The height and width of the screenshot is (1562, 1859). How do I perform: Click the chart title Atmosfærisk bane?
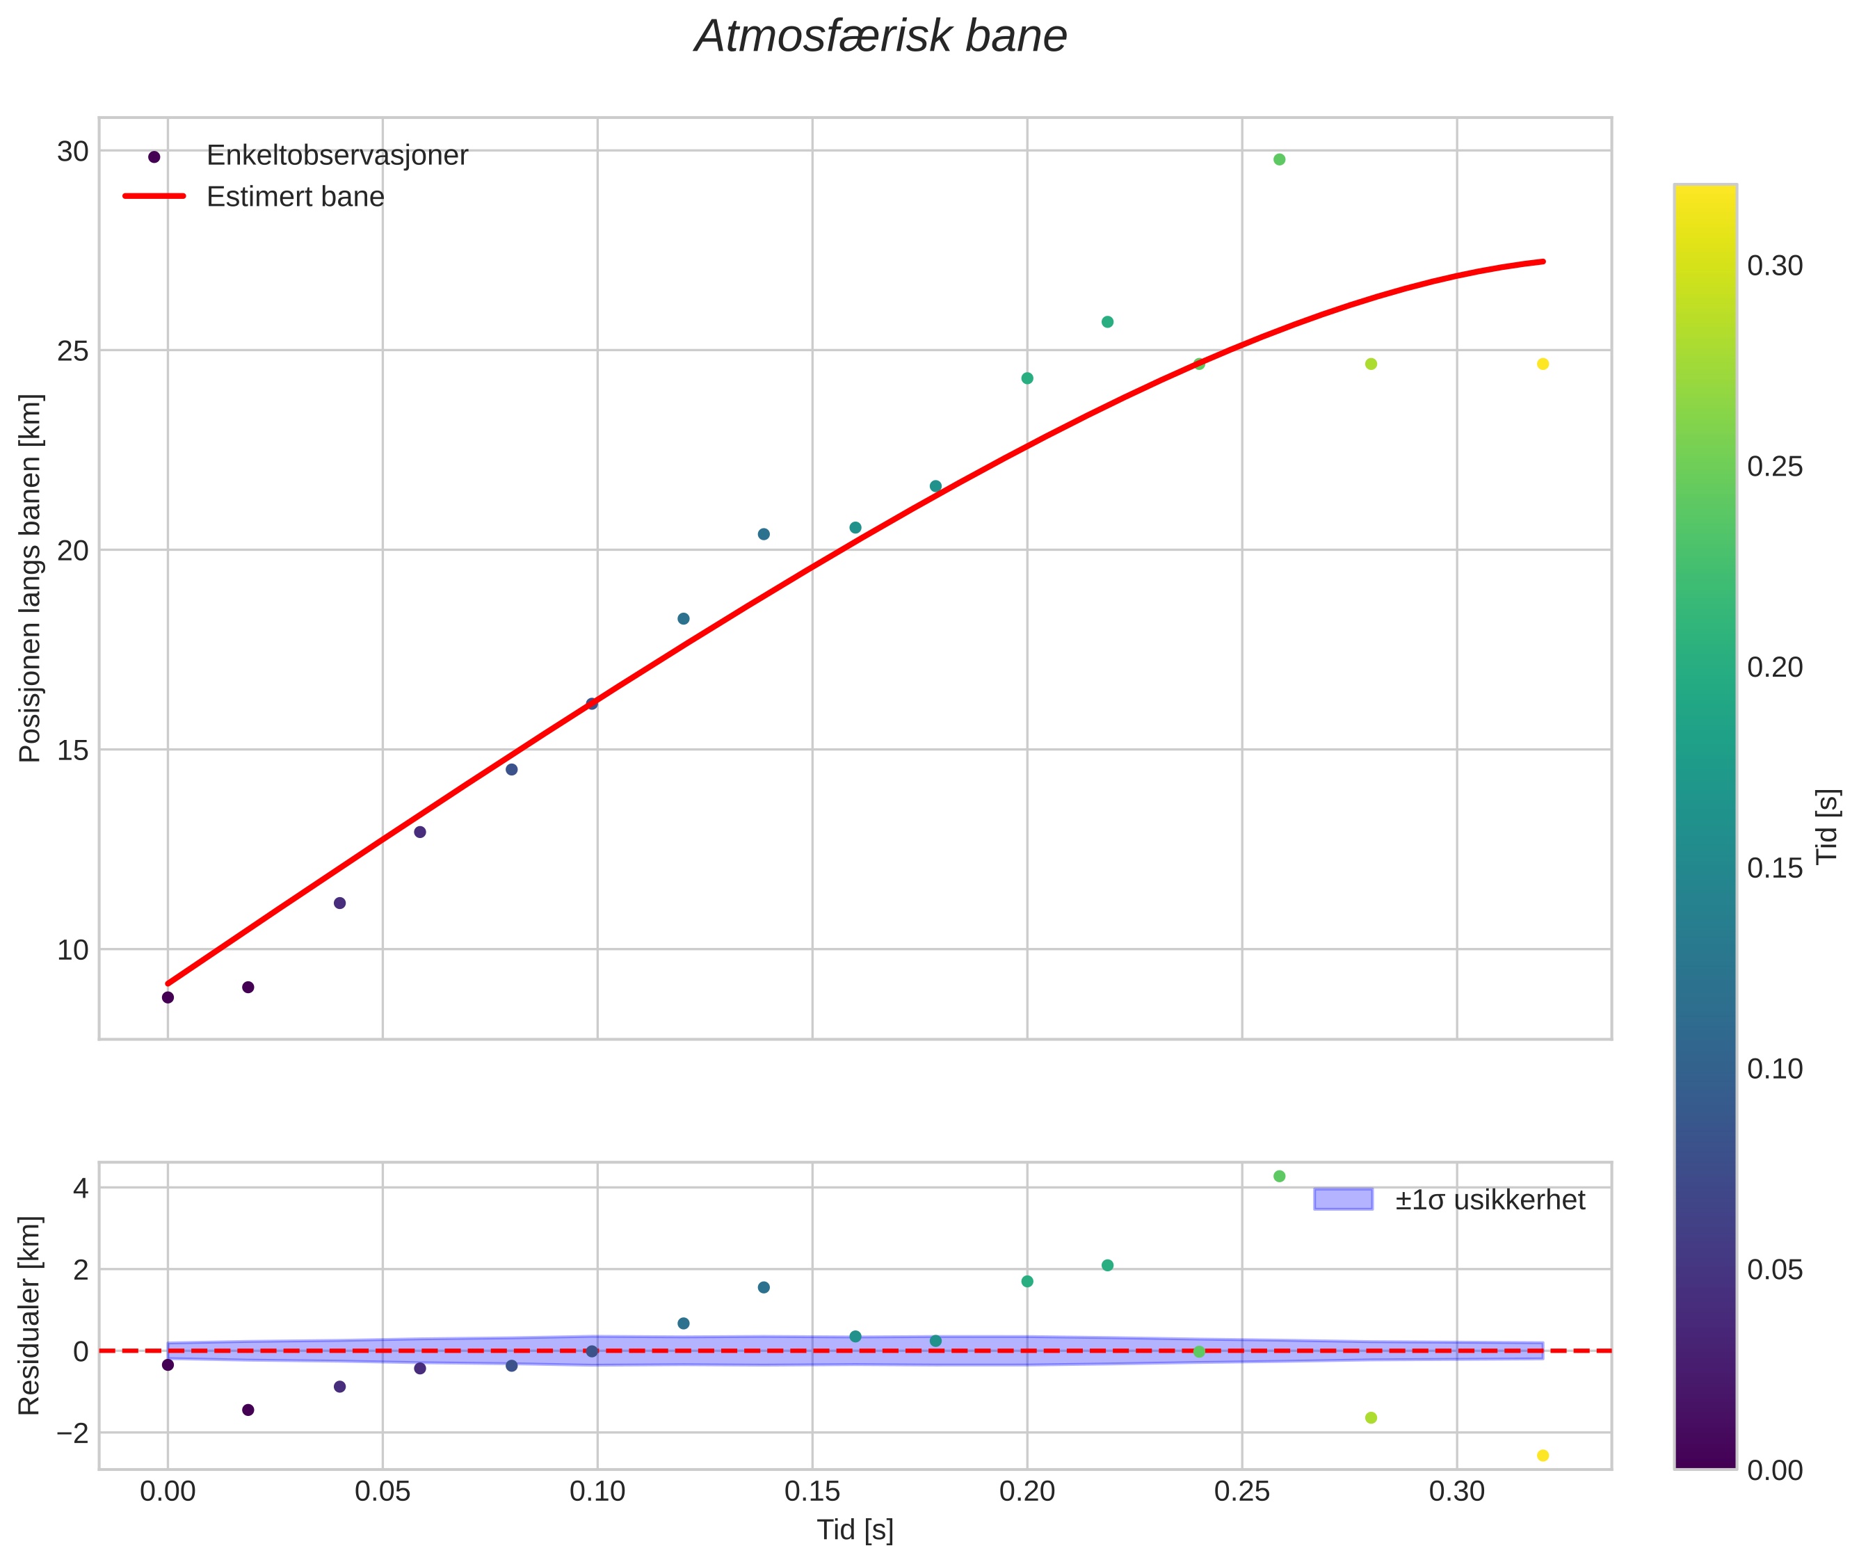880,37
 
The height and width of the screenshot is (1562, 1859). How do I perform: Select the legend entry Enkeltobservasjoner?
337,156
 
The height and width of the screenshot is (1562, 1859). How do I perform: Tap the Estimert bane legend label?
295,197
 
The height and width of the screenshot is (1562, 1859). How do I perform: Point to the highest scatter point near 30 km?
1279,159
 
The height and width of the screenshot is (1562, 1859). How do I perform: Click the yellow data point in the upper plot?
1542,364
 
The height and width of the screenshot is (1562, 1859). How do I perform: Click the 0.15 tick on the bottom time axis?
812,1492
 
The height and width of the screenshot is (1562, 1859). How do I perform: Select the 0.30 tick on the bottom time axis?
1457,1492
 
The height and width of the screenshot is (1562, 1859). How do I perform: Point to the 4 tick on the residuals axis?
81,1189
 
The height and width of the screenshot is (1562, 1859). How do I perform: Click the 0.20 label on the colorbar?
1775,668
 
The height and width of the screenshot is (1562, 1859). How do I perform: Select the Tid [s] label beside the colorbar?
1827,826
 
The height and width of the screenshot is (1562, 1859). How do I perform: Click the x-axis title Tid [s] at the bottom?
855,1530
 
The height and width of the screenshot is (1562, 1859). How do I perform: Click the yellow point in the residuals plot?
1542,1456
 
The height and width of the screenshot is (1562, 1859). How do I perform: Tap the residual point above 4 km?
1279,1176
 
